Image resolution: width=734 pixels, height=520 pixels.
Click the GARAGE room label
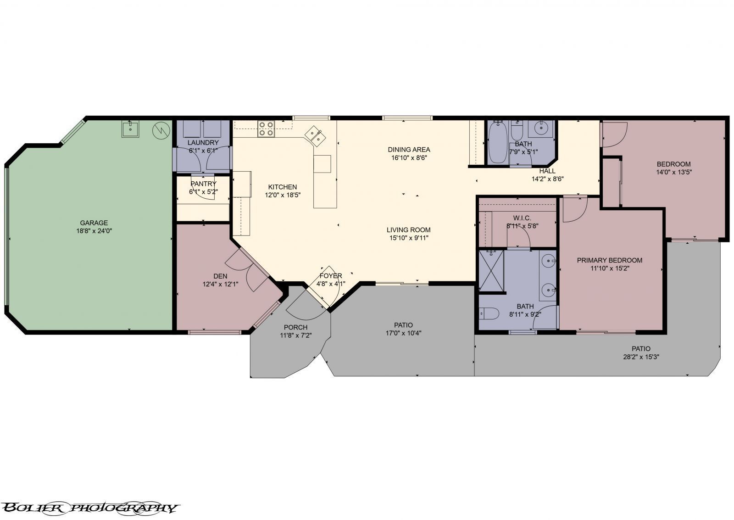94,223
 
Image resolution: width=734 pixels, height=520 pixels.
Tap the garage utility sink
130,129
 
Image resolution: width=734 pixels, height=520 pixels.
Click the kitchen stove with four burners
266,129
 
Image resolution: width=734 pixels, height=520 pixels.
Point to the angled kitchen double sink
316,136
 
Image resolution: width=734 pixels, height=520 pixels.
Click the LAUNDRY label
203,143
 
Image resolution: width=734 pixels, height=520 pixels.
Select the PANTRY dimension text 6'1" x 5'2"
203,192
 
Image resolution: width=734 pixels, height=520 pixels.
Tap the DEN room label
220,276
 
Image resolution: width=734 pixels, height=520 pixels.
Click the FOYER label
331,276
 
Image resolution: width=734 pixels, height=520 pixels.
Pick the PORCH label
295,327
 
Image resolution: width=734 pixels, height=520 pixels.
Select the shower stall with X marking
491,270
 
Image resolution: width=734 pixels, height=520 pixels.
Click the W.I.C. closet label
522,218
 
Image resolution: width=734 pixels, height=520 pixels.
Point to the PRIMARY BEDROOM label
609,260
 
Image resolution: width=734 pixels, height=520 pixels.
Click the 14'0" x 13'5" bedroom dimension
673,172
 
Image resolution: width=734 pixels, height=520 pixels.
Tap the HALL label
547,171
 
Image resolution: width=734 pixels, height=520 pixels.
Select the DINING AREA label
409,150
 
